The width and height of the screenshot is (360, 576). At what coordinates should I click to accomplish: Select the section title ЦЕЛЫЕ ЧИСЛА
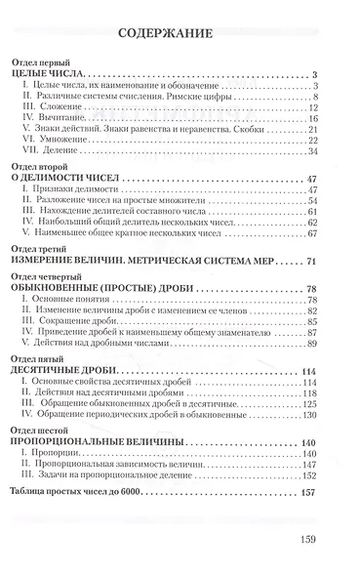coord(54,74)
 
